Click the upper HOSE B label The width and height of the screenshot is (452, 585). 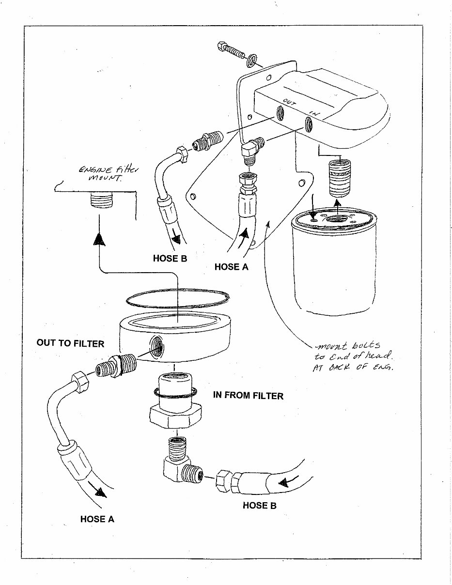170,259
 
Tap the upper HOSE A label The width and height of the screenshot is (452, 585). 231,266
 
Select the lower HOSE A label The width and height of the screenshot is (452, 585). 97,519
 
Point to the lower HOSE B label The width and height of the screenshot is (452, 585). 259,505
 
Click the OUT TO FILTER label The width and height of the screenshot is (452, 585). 70,343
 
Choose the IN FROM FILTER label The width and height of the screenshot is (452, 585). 248,396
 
